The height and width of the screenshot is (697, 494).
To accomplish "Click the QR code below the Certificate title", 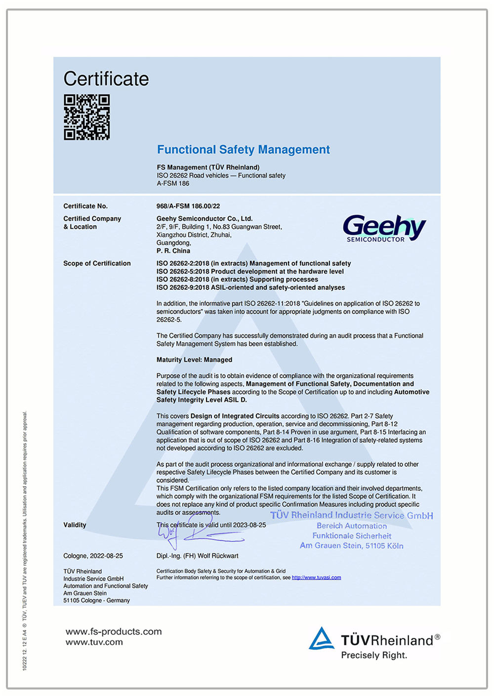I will coord(86,118).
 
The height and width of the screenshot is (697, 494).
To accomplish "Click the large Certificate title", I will coord(106,79).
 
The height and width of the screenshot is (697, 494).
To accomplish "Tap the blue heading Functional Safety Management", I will coord(243,150).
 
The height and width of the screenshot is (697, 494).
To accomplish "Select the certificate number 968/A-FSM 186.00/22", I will coord(188,206).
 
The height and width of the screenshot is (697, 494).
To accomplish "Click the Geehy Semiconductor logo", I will coord(384,228).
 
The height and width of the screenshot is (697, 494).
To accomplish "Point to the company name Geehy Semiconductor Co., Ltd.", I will coord(205,218).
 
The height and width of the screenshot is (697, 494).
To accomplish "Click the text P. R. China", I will coord(173,251).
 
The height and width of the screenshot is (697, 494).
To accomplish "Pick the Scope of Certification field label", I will coord(97,263).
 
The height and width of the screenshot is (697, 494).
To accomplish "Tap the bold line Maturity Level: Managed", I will coord(194,360).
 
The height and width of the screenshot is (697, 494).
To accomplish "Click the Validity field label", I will coord(75,525).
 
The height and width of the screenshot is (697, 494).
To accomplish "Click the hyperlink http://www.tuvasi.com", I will coord(316,577).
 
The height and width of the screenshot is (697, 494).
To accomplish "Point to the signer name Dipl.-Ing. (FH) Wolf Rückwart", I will coord(198,556).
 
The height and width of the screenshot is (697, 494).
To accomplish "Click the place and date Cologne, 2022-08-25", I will coord(93,556).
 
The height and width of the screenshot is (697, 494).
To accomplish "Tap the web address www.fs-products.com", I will coord(114,631).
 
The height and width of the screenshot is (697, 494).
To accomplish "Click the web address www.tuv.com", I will coord(94,642).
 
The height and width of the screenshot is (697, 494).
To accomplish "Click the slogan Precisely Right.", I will coord(374,656).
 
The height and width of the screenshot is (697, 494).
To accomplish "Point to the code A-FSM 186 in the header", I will coord(173,183).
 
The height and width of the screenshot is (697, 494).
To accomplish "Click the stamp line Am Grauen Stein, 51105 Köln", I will coord(351,546).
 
